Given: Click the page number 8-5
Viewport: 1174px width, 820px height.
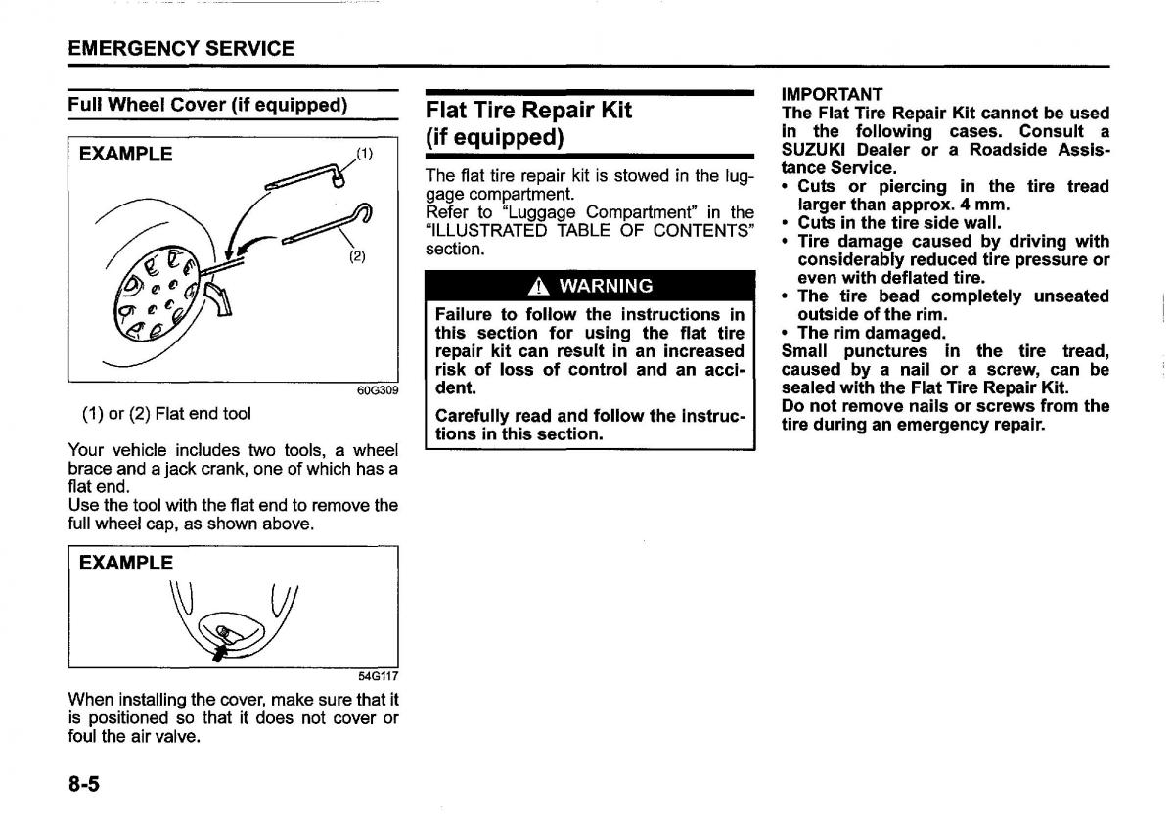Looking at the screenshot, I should [85, 785].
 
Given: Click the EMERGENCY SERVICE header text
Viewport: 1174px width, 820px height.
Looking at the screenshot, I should [181, 48].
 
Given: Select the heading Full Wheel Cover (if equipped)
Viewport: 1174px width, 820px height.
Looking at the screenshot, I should [207, 105].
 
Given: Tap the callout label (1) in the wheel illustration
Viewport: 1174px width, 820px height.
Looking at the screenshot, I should [364, 153].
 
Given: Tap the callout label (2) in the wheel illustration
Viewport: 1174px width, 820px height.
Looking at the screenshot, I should [358, 257].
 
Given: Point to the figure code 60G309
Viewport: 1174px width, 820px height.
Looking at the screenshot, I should [379, 390].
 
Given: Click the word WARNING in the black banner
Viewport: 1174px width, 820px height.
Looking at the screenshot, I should [603, 287].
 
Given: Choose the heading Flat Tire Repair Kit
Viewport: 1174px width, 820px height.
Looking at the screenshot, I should [528, 110].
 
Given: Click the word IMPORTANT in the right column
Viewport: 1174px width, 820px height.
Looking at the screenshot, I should [833, 94].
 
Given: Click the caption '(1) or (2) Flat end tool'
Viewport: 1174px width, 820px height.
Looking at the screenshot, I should [166, 414].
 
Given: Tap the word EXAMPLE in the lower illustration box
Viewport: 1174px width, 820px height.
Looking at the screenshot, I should [126, 564].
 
